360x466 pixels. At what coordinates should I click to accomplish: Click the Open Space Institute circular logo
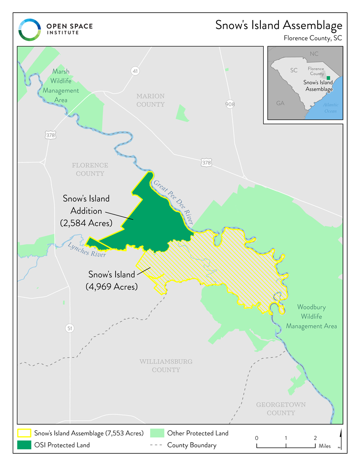(30, 30)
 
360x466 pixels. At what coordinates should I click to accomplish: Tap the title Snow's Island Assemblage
(278, 25)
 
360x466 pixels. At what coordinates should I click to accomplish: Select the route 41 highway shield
(134, 71)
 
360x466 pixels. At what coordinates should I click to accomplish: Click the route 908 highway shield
(230, 104)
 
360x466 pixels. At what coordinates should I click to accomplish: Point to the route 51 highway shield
(69, 328)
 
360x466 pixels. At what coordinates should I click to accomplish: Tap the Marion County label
(150, 100)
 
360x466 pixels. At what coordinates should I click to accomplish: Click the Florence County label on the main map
(90, 169)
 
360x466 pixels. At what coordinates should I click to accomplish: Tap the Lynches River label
(87, 250)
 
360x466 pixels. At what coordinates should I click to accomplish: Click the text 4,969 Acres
(112, 287)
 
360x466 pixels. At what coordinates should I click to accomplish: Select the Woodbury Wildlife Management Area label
(311, 317)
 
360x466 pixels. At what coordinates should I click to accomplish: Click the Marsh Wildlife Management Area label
(61, 86)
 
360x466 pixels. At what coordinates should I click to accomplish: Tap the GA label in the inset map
(280, 103)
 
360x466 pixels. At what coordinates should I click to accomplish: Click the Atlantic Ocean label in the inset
(330, 108)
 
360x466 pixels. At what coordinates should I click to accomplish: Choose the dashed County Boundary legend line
(156, 445)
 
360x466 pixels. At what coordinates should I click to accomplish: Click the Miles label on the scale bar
(324, 446)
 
